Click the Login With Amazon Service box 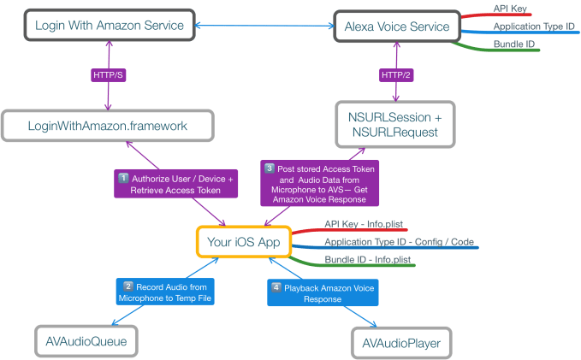109,25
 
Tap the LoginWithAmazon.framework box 107,127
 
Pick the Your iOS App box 243,242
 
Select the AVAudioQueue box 86,342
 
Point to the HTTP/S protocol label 109,75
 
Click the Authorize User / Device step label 175,183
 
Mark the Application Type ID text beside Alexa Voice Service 532,27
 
